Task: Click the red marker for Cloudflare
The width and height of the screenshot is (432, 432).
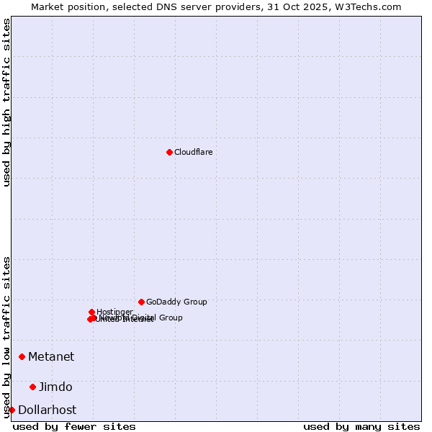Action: point(169,152)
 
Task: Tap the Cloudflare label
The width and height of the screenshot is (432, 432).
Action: point(193,152)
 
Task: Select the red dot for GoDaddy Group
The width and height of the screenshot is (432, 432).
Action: point(141,302)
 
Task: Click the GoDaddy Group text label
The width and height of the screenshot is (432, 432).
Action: point(176,302)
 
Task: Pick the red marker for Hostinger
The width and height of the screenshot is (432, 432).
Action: point(91,312)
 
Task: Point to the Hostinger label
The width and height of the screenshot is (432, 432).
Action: point(114,312)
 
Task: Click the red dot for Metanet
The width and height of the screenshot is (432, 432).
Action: point(22,356)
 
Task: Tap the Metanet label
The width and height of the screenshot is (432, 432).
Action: point(51,356)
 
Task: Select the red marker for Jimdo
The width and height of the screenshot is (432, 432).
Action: point(32,387)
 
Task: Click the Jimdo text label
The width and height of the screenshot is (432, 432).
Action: point(55,387)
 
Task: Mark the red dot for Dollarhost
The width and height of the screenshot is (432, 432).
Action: point(12,410)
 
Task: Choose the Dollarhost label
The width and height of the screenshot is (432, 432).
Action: point(47,410)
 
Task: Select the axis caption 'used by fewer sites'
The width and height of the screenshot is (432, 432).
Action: point(74,426)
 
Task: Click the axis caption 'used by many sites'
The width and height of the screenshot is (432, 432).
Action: point(361,426)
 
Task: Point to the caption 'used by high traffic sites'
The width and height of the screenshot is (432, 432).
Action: point(7,102)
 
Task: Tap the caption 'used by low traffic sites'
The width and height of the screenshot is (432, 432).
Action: point(7,336)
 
